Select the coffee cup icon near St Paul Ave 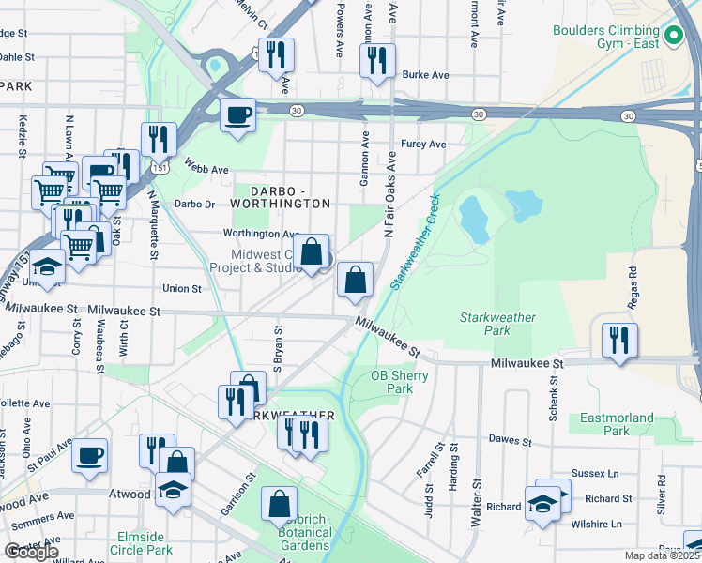[x=89, y=455]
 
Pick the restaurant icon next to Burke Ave [x=377, y=61]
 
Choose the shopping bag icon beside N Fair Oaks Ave [x=356, y=279]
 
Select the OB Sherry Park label [x=399, y=382]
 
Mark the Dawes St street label [x=511, y=439]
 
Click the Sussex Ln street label [x=588, y=477]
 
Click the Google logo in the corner [x=31, y=552]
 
